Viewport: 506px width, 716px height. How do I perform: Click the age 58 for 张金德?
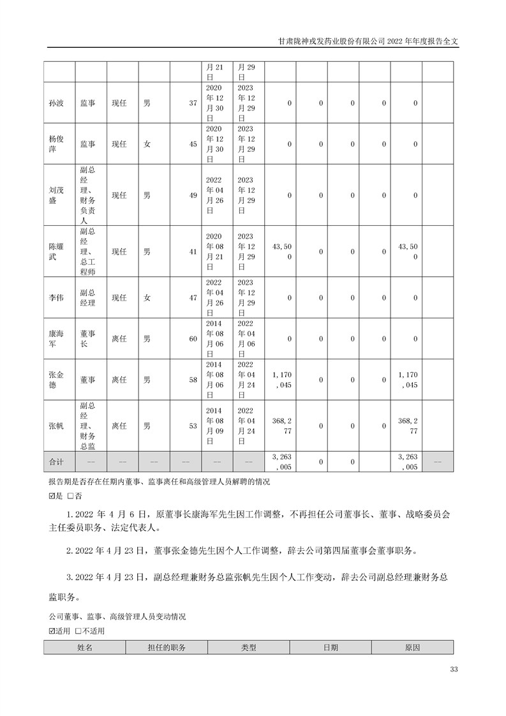(193, 380)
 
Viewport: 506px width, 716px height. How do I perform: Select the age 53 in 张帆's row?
(193, 426)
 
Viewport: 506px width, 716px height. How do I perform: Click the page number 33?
(454, 669)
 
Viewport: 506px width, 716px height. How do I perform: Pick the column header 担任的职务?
(166, 647)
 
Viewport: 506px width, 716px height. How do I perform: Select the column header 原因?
(412, 647)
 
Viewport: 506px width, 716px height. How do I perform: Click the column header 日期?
(331, 647)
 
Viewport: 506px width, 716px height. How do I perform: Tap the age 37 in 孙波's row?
(193, 103)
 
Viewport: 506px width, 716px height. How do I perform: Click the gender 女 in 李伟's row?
(147, 297)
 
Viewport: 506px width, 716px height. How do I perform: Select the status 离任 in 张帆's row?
(119, 426)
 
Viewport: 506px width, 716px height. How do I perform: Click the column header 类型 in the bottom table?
(248, 647)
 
